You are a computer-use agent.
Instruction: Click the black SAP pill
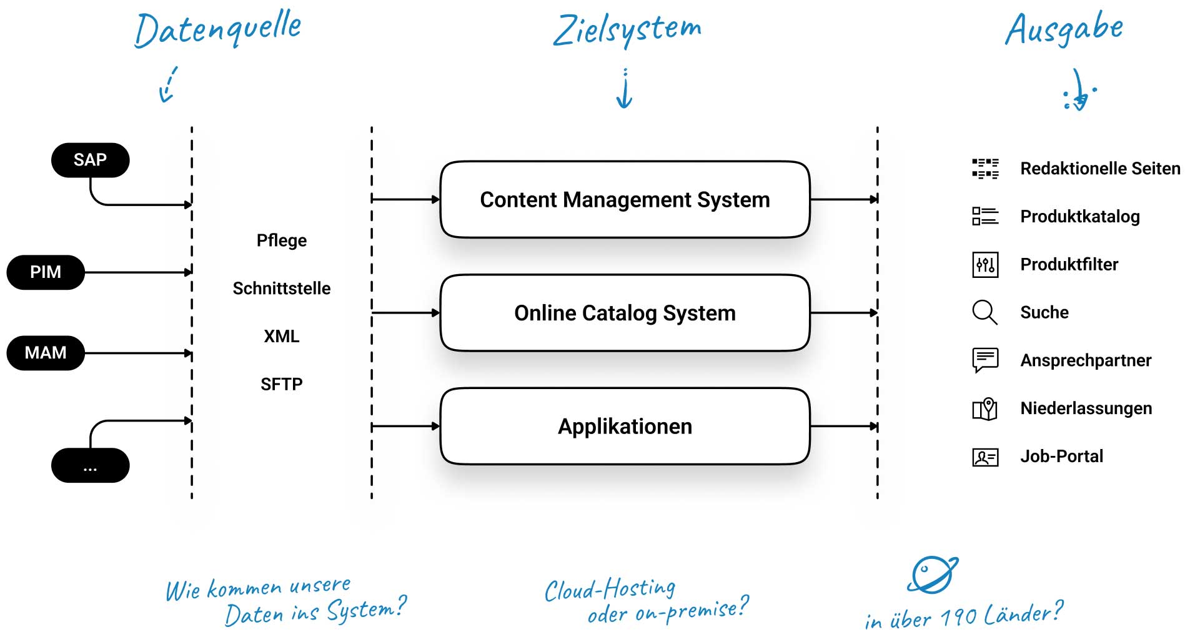tap(90, 160)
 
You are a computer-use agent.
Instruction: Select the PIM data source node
tap(46, 272)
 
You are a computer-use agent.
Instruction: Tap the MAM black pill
tap(46, 353)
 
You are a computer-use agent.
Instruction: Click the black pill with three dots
tap(90, 465)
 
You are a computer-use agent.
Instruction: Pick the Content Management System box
tap(625, 200)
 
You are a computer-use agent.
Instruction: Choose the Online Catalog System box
tap(625, 313)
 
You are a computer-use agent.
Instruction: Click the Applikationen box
tap(625, 427)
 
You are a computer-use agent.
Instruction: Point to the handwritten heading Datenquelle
tap(218, 29)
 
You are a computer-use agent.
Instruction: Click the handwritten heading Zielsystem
tap(627, 29)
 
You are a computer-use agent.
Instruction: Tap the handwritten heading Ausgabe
tap(1064, 29)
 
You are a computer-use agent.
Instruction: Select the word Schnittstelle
tap(282, 289)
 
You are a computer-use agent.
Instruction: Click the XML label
tap(282, 337)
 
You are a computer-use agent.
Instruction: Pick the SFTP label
tap(282, 384)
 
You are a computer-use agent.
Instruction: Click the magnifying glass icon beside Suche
tap(984, 312)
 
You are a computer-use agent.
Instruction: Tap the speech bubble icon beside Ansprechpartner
tap(985, 360)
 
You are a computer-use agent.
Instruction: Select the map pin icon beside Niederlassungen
tap(985, 409)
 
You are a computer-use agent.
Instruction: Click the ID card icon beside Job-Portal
tap(985, 457)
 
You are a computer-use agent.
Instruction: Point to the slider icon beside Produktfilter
tap(985, 265)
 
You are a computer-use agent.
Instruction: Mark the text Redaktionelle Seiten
tap(1100, 169)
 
